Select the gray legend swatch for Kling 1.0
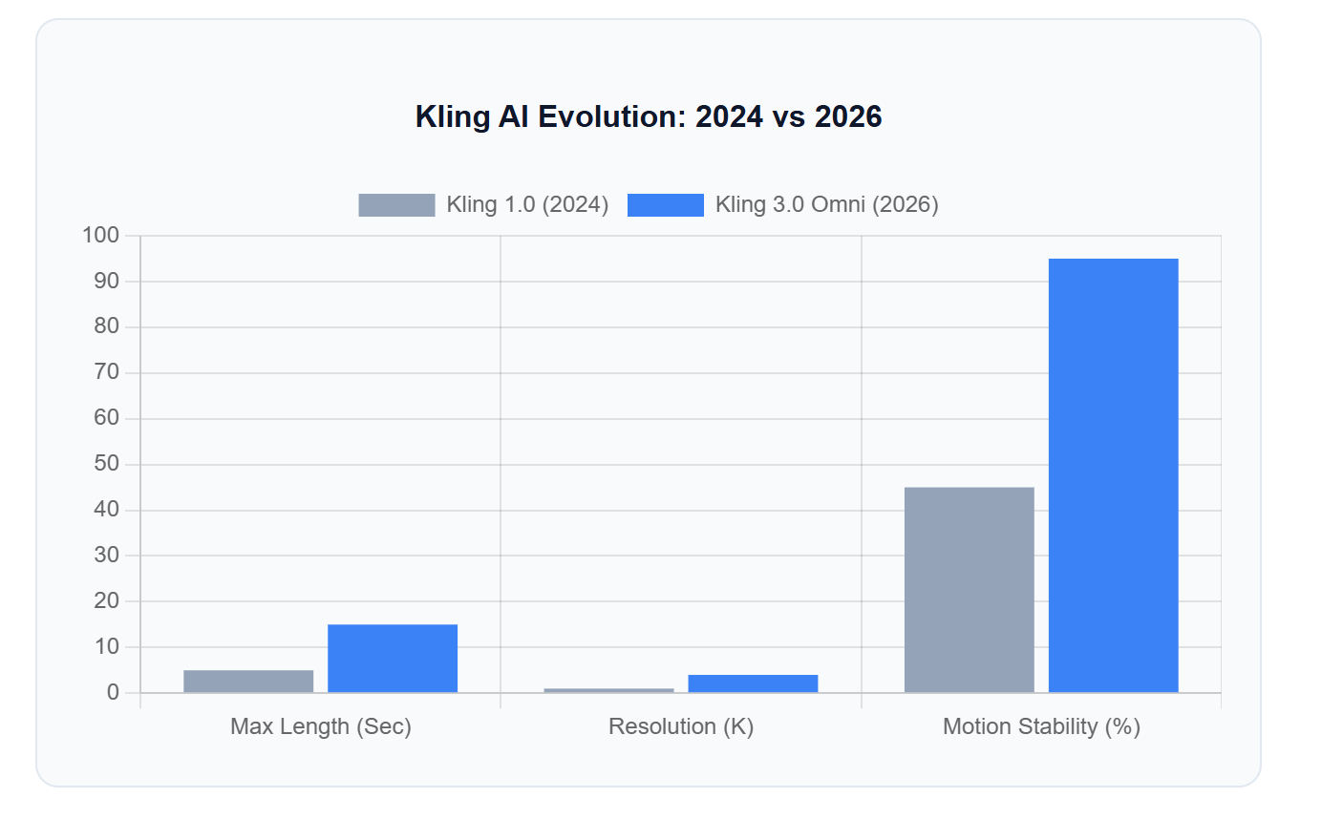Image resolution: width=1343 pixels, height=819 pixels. (x=396, y=204)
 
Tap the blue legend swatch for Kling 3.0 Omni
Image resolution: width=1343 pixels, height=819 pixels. (x=665, y=204)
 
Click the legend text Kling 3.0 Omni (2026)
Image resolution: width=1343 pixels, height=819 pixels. (x=826, y=204)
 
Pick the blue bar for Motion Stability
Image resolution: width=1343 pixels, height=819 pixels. (x=1113, y=475)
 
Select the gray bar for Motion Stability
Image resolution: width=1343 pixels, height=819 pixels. (x=969, y=590)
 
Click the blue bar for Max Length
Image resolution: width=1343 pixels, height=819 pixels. (x=393, y=658)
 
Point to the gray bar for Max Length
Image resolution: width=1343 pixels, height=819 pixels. (x=248, y=681)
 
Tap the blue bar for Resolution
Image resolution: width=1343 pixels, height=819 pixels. (x=753, y=682)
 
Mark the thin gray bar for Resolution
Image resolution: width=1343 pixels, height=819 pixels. (x=608, y=690)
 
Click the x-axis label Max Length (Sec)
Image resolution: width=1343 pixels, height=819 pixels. (x=321, y=726)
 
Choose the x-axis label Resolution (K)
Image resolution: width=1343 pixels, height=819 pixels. (x=681, y=726)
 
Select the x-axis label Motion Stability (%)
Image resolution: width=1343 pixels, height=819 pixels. (x=1041, y=726)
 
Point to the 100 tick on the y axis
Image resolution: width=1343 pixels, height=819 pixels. (x=101, y=235)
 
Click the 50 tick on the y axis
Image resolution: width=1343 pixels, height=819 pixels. (x=106, y=464)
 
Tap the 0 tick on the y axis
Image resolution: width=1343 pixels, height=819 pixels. (x=113, y=692)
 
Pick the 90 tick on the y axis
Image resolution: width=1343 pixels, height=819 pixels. (x=106, y=281)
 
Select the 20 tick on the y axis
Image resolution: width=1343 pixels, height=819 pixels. (x=106, y=600)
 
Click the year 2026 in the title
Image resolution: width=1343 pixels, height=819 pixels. (x=847, y=116)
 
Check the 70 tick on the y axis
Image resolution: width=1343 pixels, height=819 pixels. (x=106, y=372)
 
